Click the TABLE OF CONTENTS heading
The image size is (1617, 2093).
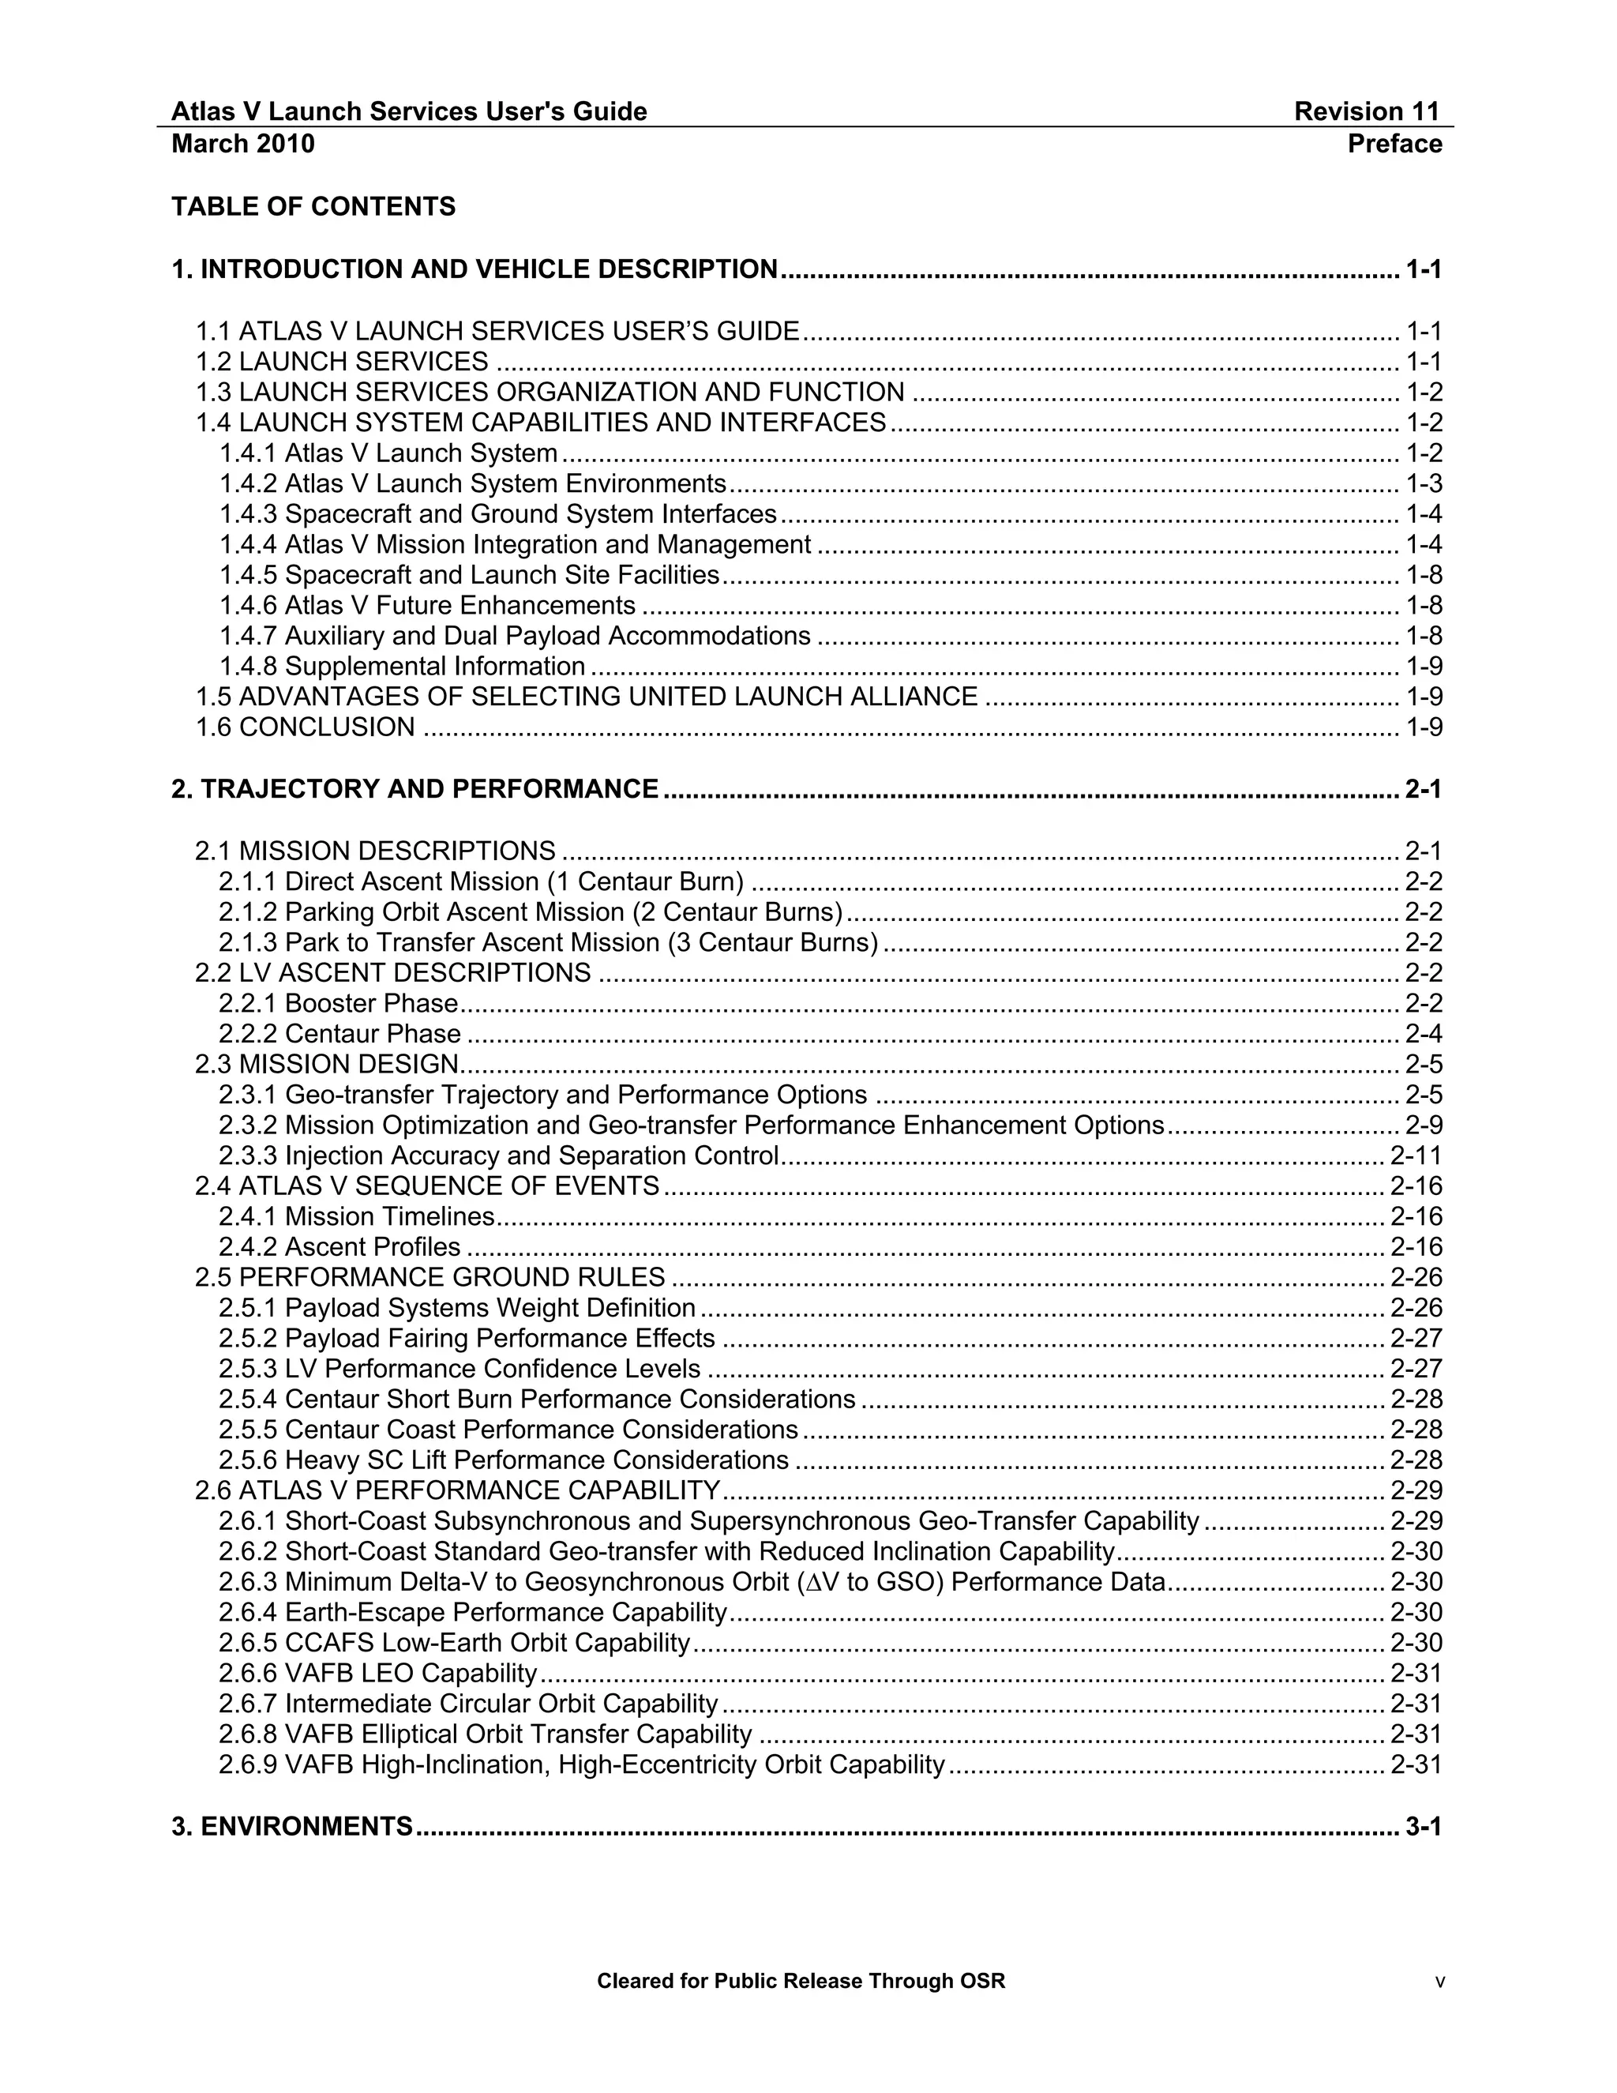(313, 207)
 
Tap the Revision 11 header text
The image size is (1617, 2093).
(1366, 112)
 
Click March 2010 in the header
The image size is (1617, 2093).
(243, 144)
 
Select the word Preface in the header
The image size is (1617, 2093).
(1394, 144)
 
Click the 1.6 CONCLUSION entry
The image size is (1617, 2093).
(306, 727)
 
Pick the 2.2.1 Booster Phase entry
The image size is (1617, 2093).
(338, 1003)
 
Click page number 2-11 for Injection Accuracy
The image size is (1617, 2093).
(1416, 1155)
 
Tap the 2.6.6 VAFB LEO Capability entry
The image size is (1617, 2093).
(378, 1674)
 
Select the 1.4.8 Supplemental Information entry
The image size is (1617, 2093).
(403, 666)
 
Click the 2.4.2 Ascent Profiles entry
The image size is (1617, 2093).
(339, 1247)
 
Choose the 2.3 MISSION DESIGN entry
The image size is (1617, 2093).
(328, 1064)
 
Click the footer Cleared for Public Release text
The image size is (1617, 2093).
(801, 1981)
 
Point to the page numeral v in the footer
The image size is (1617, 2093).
(1439, 1982)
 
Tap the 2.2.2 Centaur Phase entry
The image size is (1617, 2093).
(339, 1034)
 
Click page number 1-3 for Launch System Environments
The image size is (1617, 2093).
(1424, 484)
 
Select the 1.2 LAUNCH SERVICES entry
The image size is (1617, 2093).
(342, 361)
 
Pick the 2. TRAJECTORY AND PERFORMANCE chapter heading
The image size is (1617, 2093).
(415, 789)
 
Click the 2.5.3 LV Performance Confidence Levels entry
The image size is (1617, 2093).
(460, 1369)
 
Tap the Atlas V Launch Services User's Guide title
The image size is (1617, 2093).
(409, 112)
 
